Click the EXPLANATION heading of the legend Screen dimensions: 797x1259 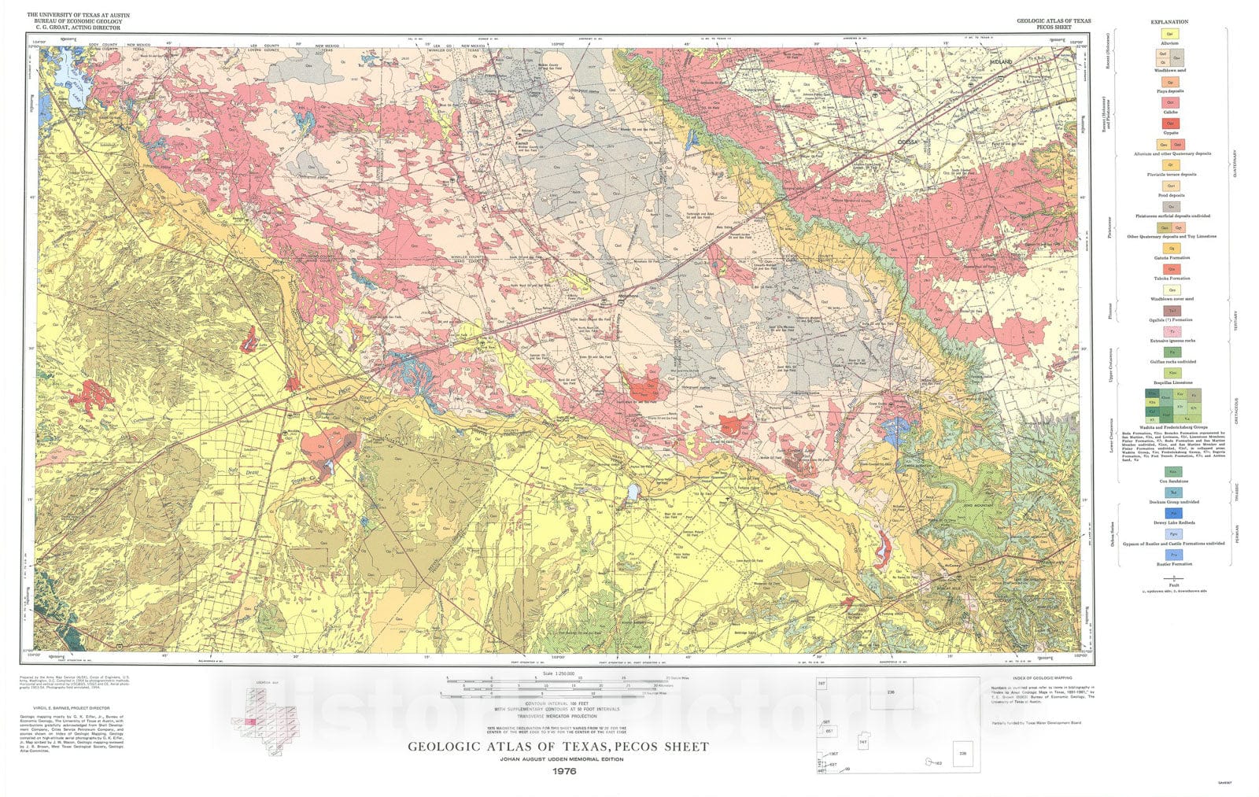tap(1169, 22)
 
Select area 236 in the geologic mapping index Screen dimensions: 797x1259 tap(891, 692)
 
